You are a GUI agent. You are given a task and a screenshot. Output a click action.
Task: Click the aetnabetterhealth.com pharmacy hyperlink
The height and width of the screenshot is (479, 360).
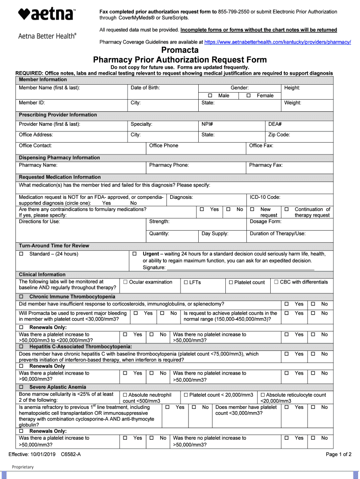[x=278, y=42]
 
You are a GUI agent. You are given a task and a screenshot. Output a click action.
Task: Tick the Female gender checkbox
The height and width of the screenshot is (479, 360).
[x=249, y=95]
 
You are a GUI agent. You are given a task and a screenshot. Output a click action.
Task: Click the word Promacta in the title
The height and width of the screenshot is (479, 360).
[x=180, y=50]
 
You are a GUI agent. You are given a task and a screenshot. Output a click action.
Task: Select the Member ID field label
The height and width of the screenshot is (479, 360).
[x=32, y=103]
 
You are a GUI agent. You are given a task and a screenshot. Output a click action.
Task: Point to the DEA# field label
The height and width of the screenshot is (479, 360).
[x=274, y=124]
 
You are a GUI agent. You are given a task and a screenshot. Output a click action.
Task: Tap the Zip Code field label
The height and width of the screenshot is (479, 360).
[x=279, y=135]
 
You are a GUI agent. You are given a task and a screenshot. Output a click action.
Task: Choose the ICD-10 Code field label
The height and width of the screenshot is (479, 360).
[x=265, y=197]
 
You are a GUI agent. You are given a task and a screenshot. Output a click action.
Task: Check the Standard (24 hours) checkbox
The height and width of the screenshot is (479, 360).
[x=21, y=254]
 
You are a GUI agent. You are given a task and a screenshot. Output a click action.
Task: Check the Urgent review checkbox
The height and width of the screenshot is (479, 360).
[x=134, y=254]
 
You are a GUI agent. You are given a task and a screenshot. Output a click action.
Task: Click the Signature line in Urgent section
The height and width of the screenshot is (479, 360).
[x=240, y=268]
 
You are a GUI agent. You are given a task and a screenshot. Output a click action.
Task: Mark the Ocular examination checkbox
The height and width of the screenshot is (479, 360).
[x=125, y=282]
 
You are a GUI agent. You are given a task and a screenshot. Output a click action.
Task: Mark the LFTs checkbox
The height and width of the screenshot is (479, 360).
[x=186, y=283]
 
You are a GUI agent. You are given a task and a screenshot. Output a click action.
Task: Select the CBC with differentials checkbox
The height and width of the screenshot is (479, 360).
[x=276, y=282]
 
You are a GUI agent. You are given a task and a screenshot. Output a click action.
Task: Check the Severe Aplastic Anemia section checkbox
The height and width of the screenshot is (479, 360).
[x=21, y=387]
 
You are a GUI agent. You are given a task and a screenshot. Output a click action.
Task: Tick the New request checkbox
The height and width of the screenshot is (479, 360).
[x=252, y=210]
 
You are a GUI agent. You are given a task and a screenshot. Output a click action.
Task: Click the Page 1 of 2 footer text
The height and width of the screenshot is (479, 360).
[x=338, y=454]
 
